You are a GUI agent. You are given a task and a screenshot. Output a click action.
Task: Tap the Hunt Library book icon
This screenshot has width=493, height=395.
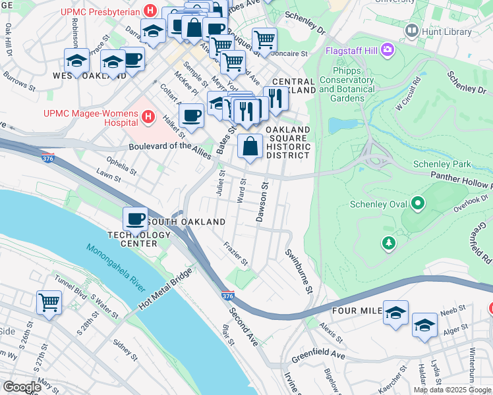click(412, 30)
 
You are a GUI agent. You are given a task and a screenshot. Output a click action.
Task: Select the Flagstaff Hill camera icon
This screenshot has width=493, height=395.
click(387, 49)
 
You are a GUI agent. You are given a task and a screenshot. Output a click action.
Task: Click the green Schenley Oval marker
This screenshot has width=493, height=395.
click(418, 204)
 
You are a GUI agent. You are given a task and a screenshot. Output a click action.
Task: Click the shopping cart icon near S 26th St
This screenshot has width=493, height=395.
click(49, 303)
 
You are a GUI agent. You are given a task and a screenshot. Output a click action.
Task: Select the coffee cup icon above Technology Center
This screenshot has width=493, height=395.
click(135, 218)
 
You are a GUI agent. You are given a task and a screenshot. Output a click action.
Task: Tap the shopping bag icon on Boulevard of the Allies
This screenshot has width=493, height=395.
click(250, 146)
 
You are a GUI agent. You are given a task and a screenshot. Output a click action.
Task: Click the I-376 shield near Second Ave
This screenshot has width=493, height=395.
click(227, 297)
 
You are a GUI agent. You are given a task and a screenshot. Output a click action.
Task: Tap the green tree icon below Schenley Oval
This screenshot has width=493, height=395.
click(389, 244)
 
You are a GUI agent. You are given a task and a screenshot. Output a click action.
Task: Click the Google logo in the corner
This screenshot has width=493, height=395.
click(22, 387)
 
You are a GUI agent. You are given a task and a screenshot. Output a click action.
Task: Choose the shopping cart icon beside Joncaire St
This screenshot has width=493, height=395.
click(264, 39)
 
